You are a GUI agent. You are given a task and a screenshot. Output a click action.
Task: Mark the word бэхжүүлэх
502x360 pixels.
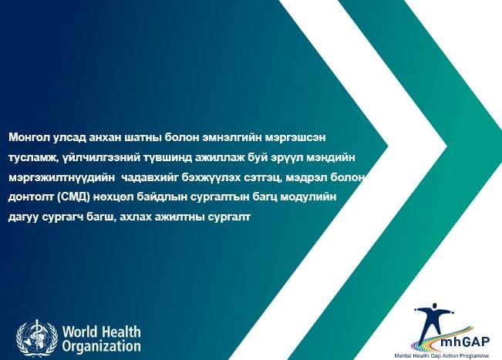(224, 178)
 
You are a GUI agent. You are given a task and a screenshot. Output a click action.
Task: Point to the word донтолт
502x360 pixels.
(30, 198)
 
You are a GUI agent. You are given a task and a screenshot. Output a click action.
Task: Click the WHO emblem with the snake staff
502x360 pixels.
(35, 337)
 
